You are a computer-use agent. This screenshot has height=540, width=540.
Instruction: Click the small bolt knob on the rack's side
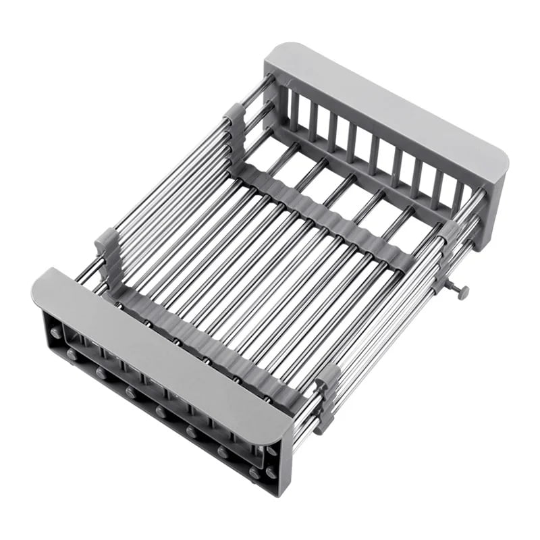(x=462, y=292)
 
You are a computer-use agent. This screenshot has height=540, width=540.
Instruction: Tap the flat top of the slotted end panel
(x=385, y=101)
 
